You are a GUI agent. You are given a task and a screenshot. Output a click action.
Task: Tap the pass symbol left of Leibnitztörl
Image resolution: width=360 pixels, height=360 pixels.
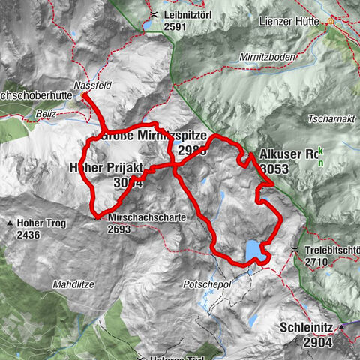point(154,15)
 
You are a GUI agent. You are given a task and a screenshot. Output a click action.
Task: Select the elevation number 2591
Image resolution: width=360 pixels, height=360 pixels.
point(180,26)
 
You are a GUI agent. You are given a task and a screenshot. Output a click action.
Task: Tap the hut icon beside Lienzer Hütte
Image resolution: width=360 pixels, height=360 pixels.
point(329,22)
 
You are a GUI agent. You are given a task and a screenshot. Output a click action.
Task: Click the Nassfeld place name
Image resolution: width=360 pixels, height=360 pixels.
point(93,85)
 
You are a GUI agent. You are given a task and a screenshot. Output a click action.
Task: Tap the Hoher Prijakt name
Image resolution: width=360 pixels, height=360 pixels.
point(105,168)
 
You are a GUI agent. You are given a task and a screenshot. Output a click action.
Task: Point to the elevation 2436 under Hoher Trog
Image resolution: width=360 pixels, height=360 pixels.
point(27,235)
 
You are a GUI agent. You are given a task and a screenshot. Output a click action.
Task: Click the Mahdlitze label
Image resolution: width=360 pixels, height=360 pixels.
point(72,284)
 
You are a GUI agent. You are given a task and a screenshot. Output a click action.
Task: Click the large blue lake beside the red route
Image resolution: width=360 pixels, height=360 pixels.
point(254,249)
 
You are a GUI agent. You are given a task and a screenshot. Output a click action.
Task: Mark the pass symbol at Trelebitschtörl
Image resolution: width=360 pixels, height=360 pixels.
point(297,250)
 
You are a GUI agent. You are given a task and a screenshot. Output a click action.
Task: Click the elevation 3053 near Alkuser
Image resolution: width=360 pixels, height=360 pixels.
point(274,169)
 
